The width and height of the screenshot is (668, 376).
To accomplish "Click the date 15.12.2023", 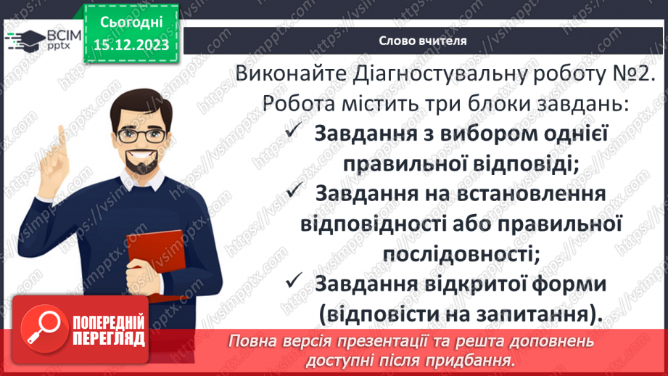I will pyautogui.click(x=132, y=44).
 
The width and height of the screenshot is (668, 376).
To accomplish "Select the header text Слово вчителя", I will pyautogui.click(x=423, y=41).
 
